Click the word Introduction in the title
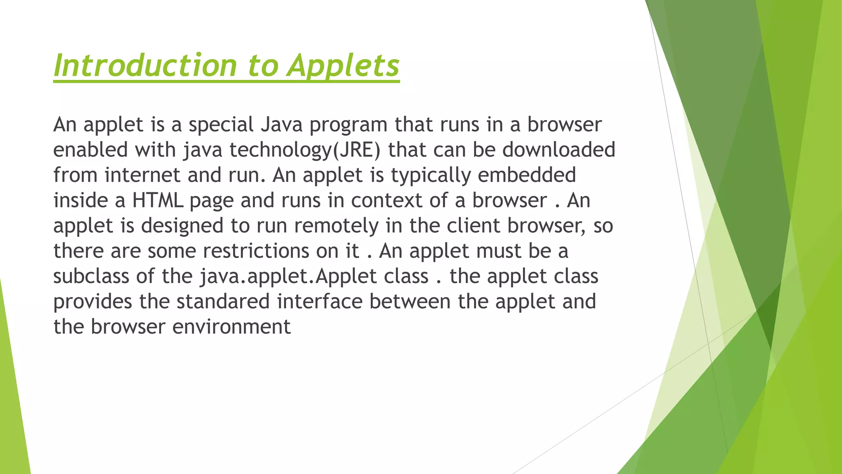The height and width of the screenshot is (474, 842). click(x=145, y=66)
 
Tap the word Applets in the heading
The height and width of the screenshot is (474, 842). click(x=343, y=66)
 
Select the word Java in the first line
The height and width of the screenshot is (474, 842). click(x=281, y=125)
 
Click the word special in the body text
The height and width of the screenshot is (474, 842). click(x=221, y=125)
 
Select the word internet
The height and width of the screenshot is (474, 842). click(x=142, y=175)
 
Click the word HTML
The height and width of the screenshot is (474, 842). click(x=157, y=201)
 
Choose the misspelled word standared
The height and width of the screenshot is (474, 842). click(x=223, y=302)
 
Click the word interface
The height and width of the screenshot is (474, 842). click(x=319, y=302)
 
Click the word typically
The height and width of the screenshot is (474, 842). click(x=430, y=175)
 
